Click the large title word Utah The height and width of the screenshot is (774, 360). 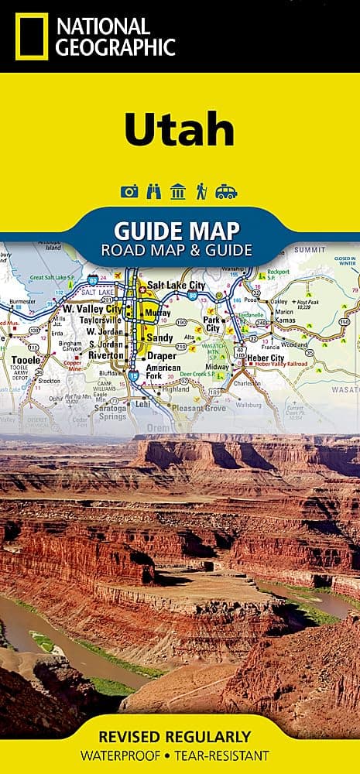click(180, 131)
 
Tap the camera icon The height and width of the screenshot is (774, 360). click(129, 192)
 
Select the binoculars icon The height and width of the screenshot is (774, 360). click(153, 192)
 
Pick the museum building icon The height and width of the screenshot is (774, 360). click(178, 192)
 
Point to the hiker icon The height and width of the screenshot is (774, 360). click(202, 192)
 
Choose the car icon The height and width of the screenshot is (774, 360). click(226, 192)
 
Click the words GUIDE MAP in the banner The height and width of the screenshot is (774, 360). click(177, 230)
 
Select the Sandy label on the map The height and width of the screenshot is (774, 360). click(160, 338)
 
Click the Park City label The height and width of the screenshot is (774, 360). click(212, 324)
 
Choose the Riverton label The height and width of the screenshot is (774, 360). click(106, 355)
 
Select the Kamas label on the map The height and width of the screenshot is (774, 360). click(287, 320)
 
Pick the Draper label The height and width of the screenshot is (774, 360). click(162, 355)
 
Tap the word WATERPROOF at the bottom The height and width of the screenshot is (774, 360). click(130, 755)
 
